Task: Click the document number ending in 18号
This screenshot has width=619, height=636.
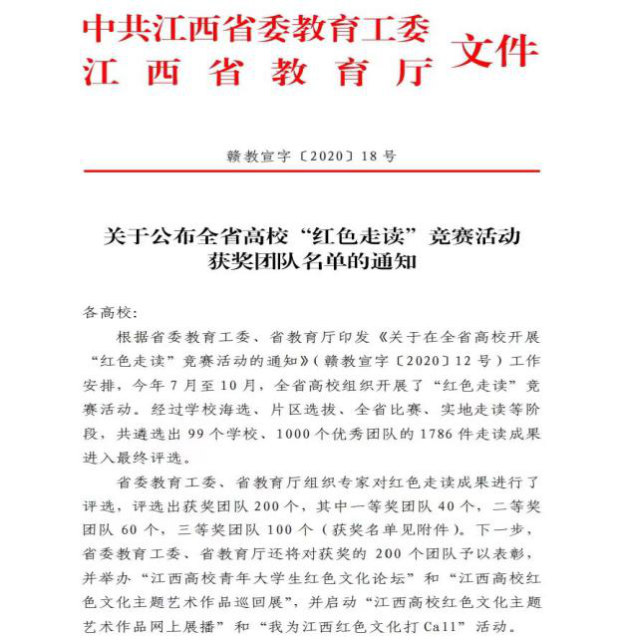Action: pos(311,157)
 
